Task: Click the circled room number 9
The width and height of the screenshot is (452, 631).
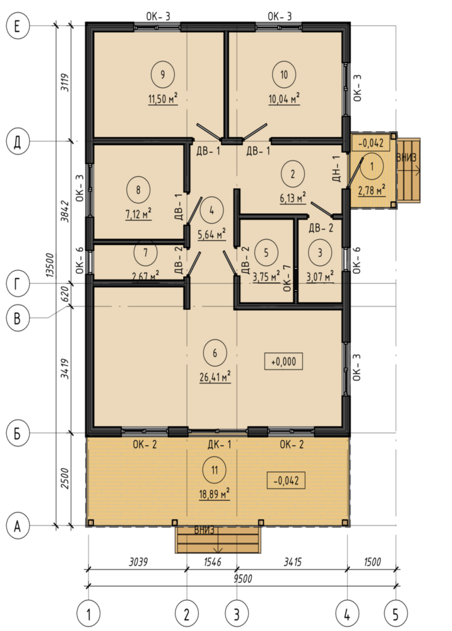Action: pos(163,74)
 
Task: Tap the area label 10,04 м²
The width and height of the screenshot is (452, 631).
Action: pos(284,98)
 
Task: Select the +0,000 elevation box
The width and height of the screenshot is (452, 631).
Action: pos(283,362)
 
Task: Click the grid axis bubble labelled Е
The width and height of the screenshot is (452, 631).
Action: pos(17,27)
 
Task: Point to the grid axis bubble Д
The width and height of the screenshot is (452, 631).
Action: pos(17,141)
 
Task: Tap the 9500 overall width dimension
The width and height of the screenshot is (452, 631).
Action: pos(242,579)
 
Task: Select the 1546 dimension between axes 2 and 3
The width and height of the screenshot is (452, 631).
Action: pos(212,562)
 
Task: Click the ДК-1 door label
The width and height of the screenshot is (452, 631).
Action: pos(219,445)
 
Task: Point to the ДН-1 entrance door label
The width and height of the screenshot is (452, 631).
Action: pos(337,168)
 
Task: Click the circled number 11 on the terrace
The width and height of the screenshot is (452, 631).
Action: pos(215,469)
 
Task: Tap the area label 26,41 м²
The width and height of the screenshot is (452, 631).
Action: pos(215,377)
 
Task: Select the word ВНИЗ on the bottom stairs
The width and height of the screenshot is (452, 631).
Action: pos(205,530)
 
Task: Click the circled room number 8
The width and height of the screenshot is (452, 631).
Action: pos(138,189)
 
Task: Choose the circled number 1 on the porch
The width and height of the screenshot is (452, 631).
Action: pos(371,166)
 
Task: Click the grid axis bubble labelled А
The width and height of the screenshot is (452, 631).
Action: pos(17,526)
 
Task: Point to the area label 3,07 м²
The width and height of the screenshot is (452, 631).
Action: pos(320,276)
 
